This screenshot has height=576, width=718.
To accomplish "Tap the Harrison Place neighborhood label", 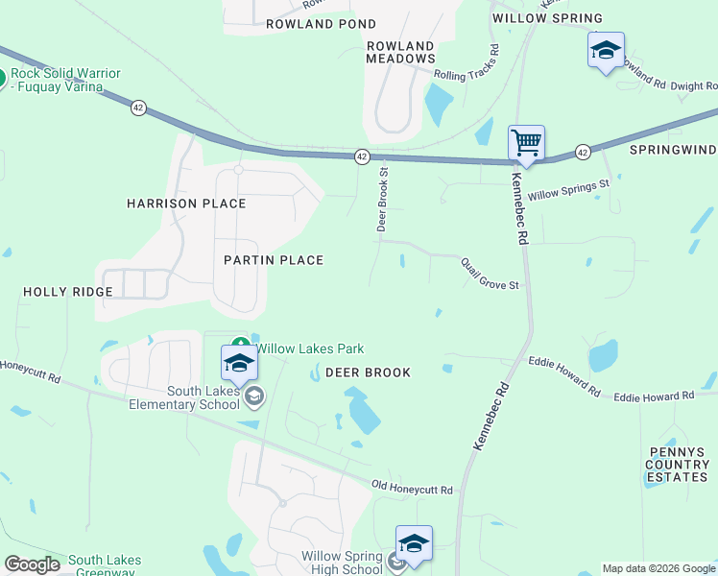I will click(186, 204).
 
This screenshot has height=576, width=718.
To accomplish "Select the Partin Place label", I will click(274, 260).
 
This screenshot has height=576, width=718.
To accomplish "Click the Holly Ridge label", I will click(61, 291).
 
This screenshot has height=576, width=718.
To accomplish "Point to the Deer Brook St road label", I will click(382, 201).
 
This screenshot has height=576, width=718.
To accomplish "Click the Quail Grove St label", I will click(490, 273).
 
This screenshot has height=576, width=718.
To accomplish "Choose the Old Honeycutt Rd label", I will click(413, 489).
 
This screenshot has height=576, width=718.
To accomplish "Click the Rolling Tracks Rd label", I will click(467, 63).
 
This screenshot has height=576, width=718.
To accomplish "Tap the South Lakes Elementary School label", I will click(203, 397).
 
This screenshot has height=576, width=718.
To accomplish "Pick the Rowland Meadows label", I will click(400, 52).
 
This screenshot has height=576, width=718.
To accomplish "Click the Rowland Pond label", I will click(321, 23).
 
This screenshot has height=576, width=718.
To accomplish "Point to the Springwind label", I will click(673, 150).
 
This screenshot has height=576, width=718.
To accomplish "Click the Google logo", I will click(32, 564).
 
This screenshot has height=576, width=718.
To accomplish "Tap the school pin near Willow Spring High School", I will click(414, 543).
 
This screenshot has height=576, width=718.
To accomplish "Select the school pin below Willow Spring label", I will click(606, 50).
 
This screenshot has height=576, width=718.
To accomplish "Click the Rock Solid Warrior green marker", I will click(3, 79).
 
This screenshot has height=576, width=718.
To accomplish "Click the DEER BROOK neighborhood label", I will click(368, 372).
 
